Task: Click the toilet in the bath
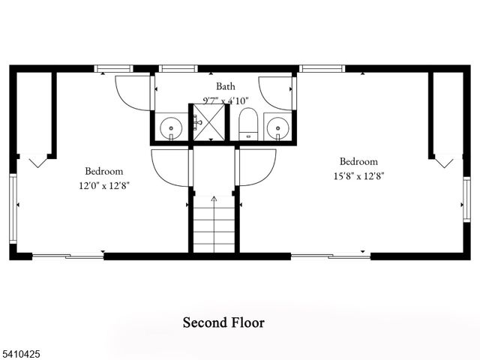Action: point(248,124)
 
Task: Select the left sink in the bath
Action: point(172,128)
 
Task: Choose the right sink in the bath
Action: point(278,128)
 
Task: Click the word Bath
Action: point(226,86)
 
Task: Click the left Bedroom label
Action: point(103,171)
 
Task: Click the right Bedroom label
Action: point(358,161)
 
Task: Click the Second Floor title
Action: point(223,323)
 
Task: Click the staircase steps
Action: point(214,225)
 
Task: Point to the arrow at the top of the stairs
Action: point(214,199)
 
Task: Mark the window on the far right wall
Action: point(466,197)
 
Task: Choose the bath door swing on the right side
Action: point(275,92)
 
